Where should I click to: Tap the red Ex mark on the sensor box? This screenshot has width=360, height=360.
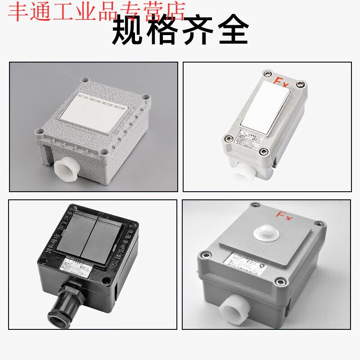coord(284,216)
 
